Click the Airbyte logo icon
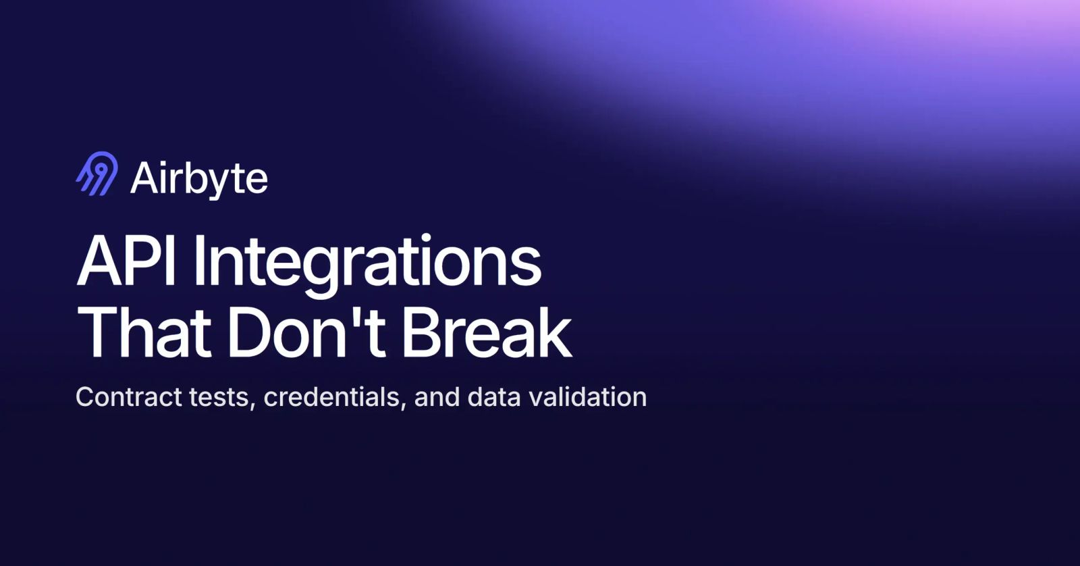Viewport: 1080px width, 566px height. pos(97,174)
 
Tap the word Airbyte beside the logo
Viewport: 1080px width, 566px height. pos(198,179)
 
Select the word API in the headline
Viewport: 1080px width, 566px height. pos(126,261)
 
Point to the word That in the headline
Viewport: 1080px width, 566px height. pos(144,333)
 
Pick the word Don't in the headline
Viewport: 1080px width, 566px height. pos(306,333)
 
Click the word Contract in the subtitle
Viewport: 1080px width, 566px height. pos(129,397)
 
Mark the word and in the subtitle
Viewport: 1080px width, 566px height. pos(437,396)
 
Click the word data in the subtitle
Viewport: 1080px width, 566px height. pos(494,396)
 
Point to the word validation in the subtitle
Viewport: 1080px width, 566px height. pos(588,396)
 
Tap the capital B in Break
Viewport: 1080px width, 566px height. pos(423,333)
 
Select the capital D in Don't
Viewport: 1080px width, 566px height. pos(251,333)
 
